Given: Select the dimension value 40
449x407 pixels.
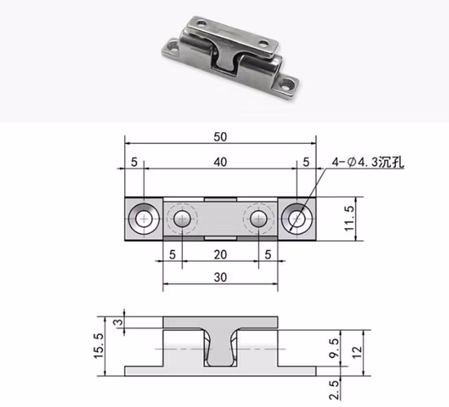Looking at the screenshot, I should point(220,163).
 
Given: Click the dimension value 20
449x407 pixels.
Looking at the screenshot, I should point(220,255).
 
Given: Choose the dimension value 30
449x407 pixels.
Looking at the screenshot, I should point(220,277).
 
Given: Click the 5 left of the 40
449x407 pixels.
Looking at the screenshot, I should point(134,163).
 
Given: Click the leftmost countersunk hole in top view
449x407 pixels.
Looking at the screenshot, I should point(144,218).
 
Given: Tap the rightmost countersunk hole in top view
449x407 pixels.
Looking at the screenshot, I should point(296,218).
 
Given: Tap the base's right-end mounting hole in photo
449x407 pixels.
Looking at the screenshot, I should point(287,83).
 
